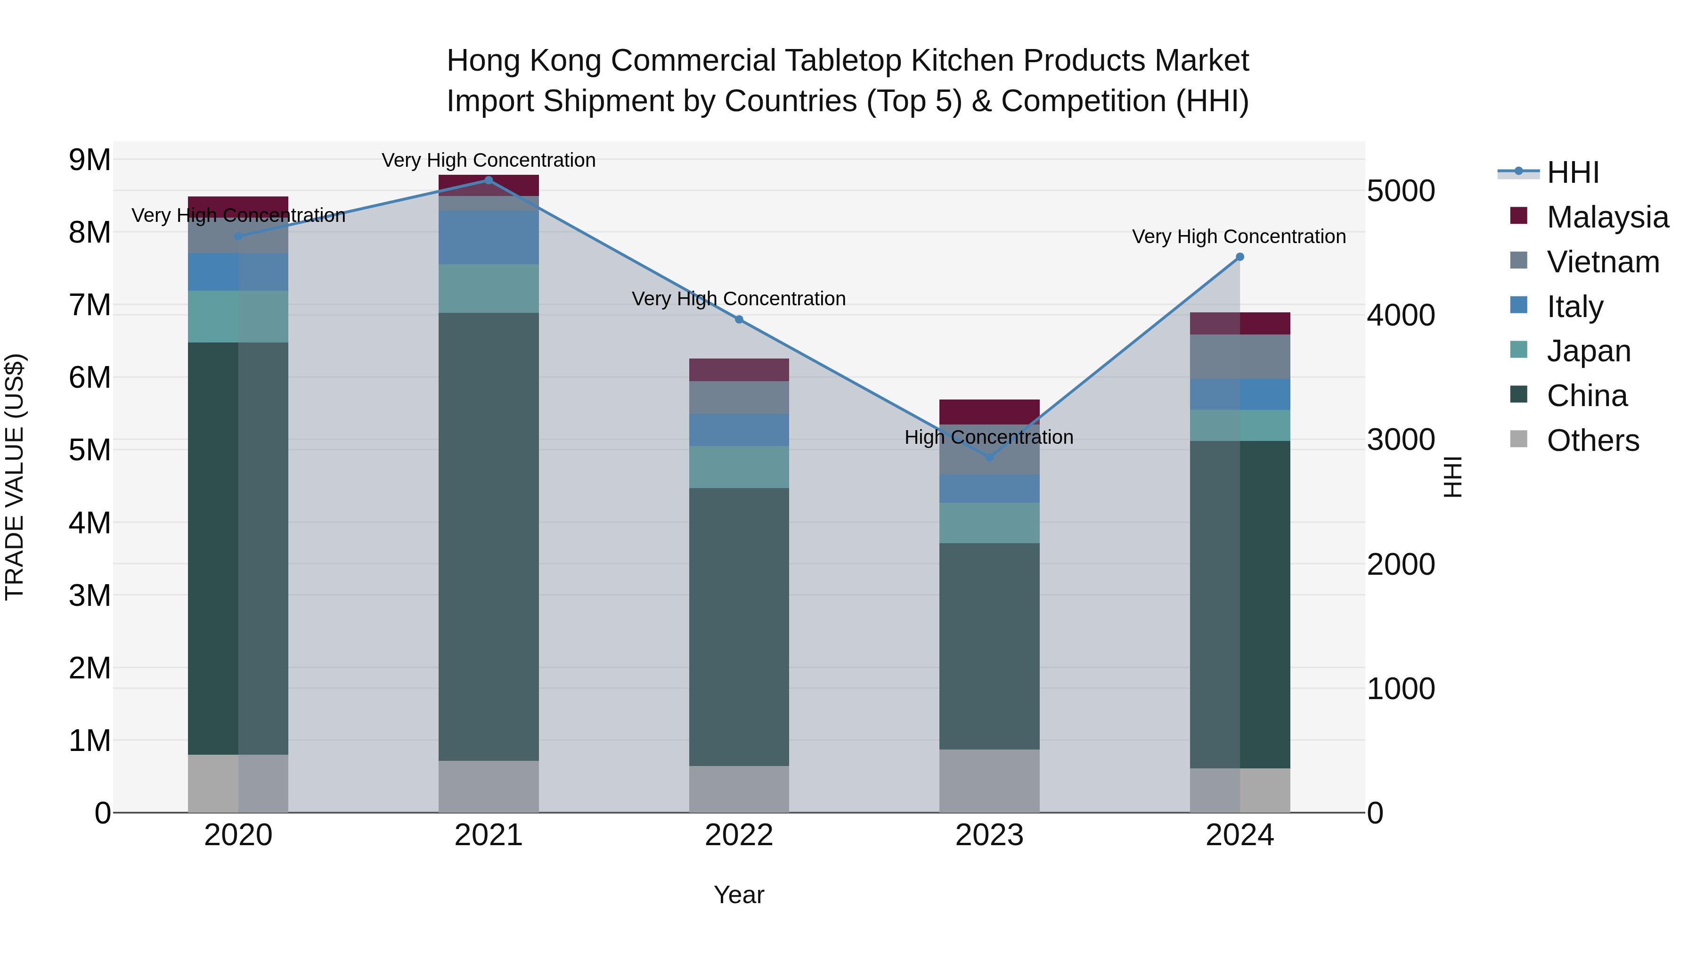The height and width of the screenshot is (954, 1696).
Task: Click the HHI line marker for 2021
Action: click(489, 180)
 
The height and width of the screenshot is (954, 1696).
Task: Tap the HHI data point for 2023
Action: click(989, 457)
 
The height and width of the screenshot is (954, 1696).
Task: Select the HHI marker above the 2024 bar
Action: click(1240, 257)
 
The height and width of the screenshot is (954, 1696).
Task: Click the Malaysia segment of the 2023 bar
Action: click(989, 411)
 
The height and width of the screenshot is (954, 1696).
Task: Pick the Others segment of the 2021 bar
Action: click(489, 786)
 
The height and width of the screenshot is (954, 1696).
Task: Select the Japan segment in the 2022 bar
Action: click(739, 467)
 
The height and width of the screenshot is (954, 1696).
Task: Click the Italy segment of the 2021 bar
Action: click(489, 238)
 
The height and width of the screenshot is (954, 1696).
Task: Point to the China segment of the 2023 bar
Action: click(989, 645)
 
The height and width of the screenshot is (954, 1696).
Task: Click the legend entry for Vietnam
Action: click(1603, 262)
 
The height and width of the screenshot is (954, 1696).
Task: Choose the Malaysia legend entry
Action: click(1607, 217)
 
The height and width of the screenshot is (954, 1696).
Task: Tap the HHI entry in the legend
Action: click(1572, 172)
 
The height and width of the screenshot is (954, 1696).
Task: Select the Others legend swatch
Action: click(1518, 439)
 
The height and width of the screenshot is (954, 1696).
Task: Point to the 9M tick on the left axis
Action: click(90, 160)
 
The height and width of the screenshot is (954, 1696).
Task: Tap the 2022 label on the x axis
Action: click(739, 835)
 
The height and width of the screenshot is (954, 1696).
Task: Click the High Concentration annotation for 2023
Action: click(989, 437)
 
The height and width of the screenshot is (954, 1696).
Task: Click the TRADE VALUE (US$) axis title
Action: click(15, 477)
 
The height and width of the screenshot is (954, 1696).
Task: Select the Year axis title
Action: click(739, 895)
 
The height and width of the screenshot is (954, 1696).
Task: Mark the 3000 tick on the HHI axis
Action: click(1401, 440)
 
